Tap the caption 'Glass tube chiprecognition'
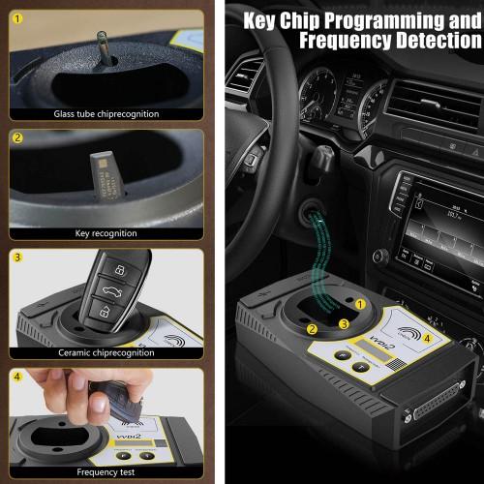click(106, 114)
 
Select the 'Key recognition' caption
click(106, 233)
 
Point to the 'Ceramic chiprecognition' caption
click(106, 352)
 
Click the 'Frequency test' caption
click(106, 473)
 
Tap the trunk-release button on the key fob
click(103, 287)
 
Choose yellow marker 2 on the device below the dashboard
click(312, 329)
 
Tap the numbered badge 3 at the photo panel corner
click(17, 257)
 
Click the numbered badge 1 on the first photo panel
click(17, 17)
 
